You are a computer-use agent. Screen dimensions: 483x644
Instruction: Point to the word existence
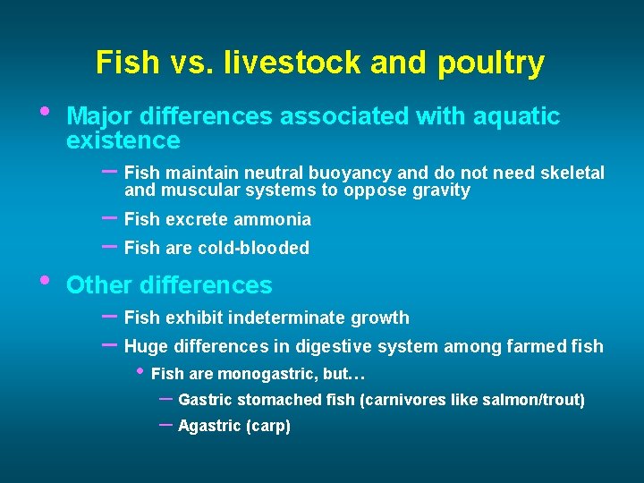tap(123, 140)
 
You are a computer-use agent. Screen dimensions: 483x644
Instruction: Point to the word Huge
tap(145, 346)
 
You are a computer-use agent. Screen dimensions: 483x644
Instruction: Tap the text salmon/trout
tap(538, 400)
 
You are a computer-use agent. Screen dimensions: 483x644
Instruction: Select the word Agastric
tap(209, 427)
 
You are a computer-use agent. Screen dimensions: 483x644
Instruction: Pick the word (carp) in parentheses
tap(268, 427)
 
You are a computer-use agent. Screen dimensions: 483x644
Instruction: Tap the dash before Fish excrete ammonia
tap(110, 217)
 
